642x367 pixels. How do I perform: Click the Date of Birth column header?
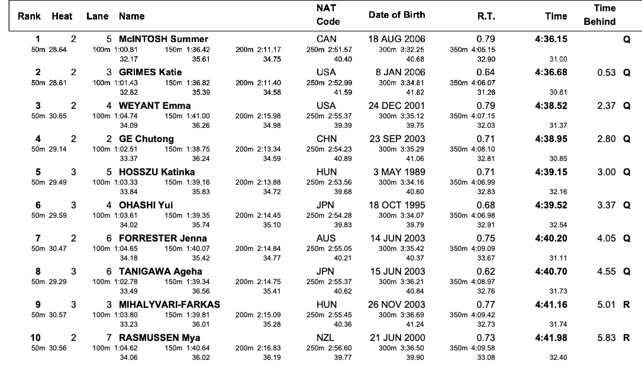pyautogui.click(x=397, y=15)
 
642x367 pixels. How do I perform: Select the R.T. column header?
pyautogui.click(x=486, y=17)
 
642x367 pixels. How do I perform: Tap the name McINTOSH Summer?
pyautogui.click(x=163, y=39)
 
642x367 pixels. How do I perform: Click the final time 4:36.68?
pyautogui.click(x=551, y=72)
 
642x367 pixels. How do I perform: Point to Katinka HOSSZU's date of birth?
pyautogui.click(x=399, y=172)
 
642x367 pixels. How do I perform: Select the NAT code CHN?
pyautogui.click(x=327, y=139)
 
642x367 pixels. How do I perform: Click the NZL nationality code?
pyautogui.click(x=325, y=338)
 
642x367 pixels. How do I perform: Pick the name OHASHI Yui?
pyautogui.click(x=146, y=205)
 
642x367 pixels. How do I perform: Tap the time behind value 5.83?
pyautogui.click(x=606, y=338)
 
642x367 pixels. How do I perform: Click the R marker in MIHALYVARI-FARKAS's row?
pyautogui.click(x=627, y=305)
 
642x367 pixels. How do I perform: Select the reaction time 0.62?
pyautogui.click(x=486, y=272)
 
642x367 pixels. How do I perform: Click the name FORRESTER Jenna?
pyautogui.click(x=163, y=239)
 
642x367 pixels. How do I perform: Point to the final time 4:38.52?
pyautogui.click(x=551, y=106)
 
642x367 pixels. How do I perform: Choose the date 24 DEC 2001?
pyautogui.click(x=397, y=106)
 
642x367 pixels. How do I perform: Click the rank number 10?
pyautogui.click(x=36, y=338)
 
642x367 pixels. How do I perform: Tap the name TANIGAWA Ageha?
pyautogui.click(x=160, y=272)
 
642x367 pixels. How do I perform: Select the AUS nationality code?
pyautogui.click(x=326, y=239)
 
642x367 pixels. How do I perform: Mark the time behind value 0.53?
pyautogui.click(x=606, y=72)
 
